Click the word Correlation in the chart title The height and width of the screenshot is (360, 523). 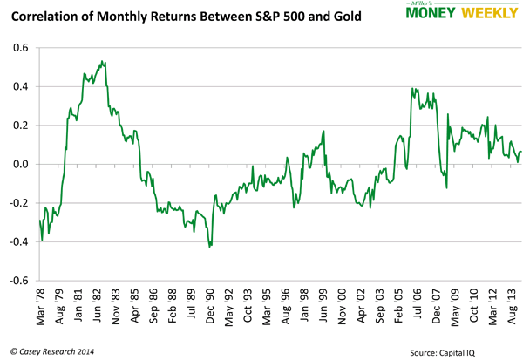tap(46, 14)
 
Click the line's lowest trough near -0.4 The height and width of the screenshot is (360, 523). tap(210, 247)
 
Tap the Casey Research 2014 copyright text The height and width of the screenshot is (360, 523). tap(51, 350)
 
